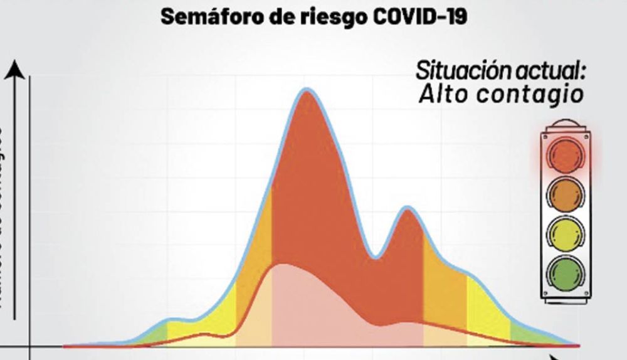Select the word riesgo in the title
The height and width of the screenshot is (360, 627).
335,17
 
